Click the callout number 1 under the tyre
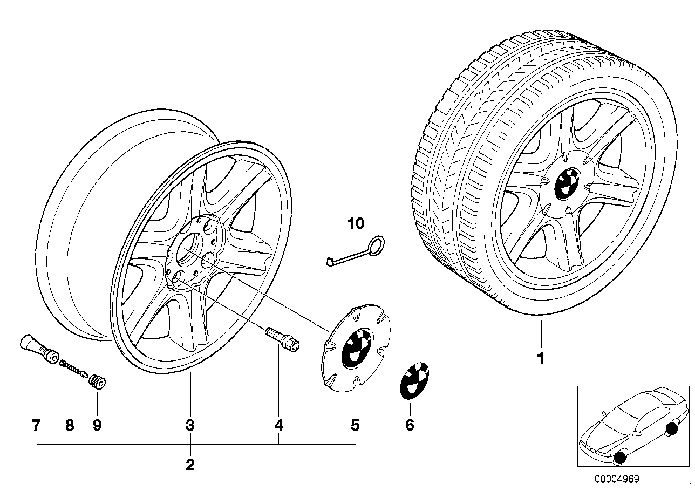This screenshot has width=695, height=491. [540, 358]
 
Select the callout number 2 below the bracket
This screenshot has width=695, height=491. [190, 465]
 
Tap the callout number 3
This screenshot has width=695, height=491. [190, 426]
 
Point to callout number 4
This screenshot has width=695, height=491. [278, 426]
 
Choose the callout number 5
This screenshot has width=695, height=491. [355, 426]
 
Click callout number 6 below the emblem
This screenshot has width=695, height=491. [410, 426]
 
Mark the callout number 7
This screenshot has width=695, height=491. [36, 426]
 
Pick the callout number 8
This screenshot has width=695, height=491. [69, 426]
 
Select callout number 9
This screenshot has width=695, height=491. [97, 426]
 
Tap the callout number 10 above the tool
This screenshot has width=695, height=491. [356, 222]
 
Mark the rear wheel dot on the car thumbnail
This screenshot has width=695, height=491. [672, 429]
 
